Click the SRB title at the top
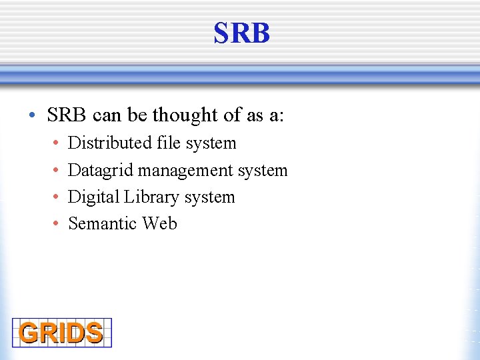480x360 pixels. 241,33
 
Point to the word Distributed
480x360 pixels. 111,143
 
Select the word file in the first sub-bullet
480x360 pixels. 169,143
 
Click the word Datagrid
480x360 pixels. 101,171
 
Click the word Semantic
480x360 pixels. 102,223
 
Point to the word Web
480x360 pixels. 159,223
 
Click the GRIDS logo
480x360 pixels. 61,333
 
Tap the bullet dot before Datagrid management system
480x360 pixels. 56,171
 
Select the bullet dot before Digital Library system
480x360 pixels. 56,198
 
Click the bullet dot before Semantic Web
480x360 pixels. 56,224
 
